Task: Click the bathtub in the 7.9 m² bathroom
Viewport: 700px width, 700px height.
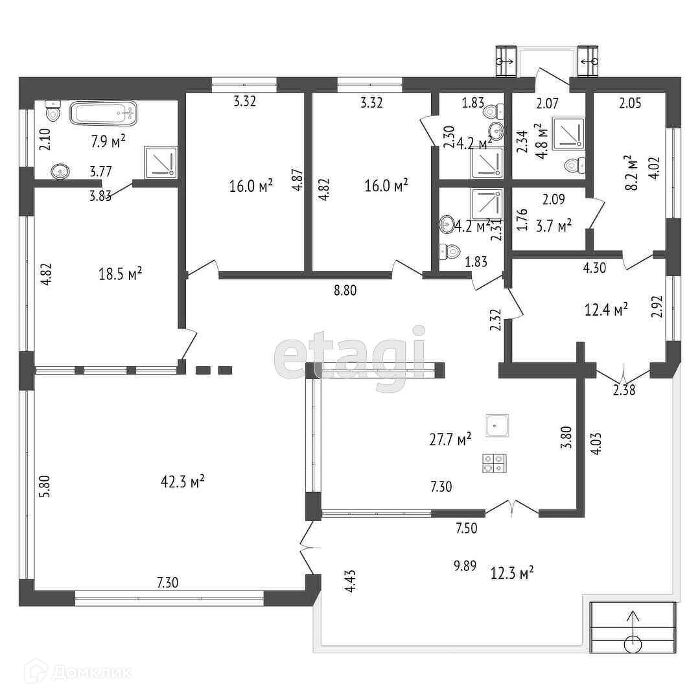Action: [x=104, y=113]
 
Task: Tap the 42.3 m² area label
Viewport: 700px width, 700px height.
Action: [x=183, y=481]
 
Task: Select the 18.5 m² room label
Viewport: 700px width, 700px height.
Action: [x=121, y=274]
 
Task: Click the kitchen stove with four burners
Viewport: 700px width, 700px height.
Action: [x=495, y=463]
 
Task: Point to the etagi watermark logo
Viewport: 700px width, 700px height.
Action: [x=350, y=358]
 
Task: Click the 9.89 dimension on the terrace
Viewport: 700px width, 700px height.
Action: [x=465, y=566]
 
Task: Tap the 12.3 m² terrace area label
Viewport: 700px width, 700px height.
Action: [x=512, y=572]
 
